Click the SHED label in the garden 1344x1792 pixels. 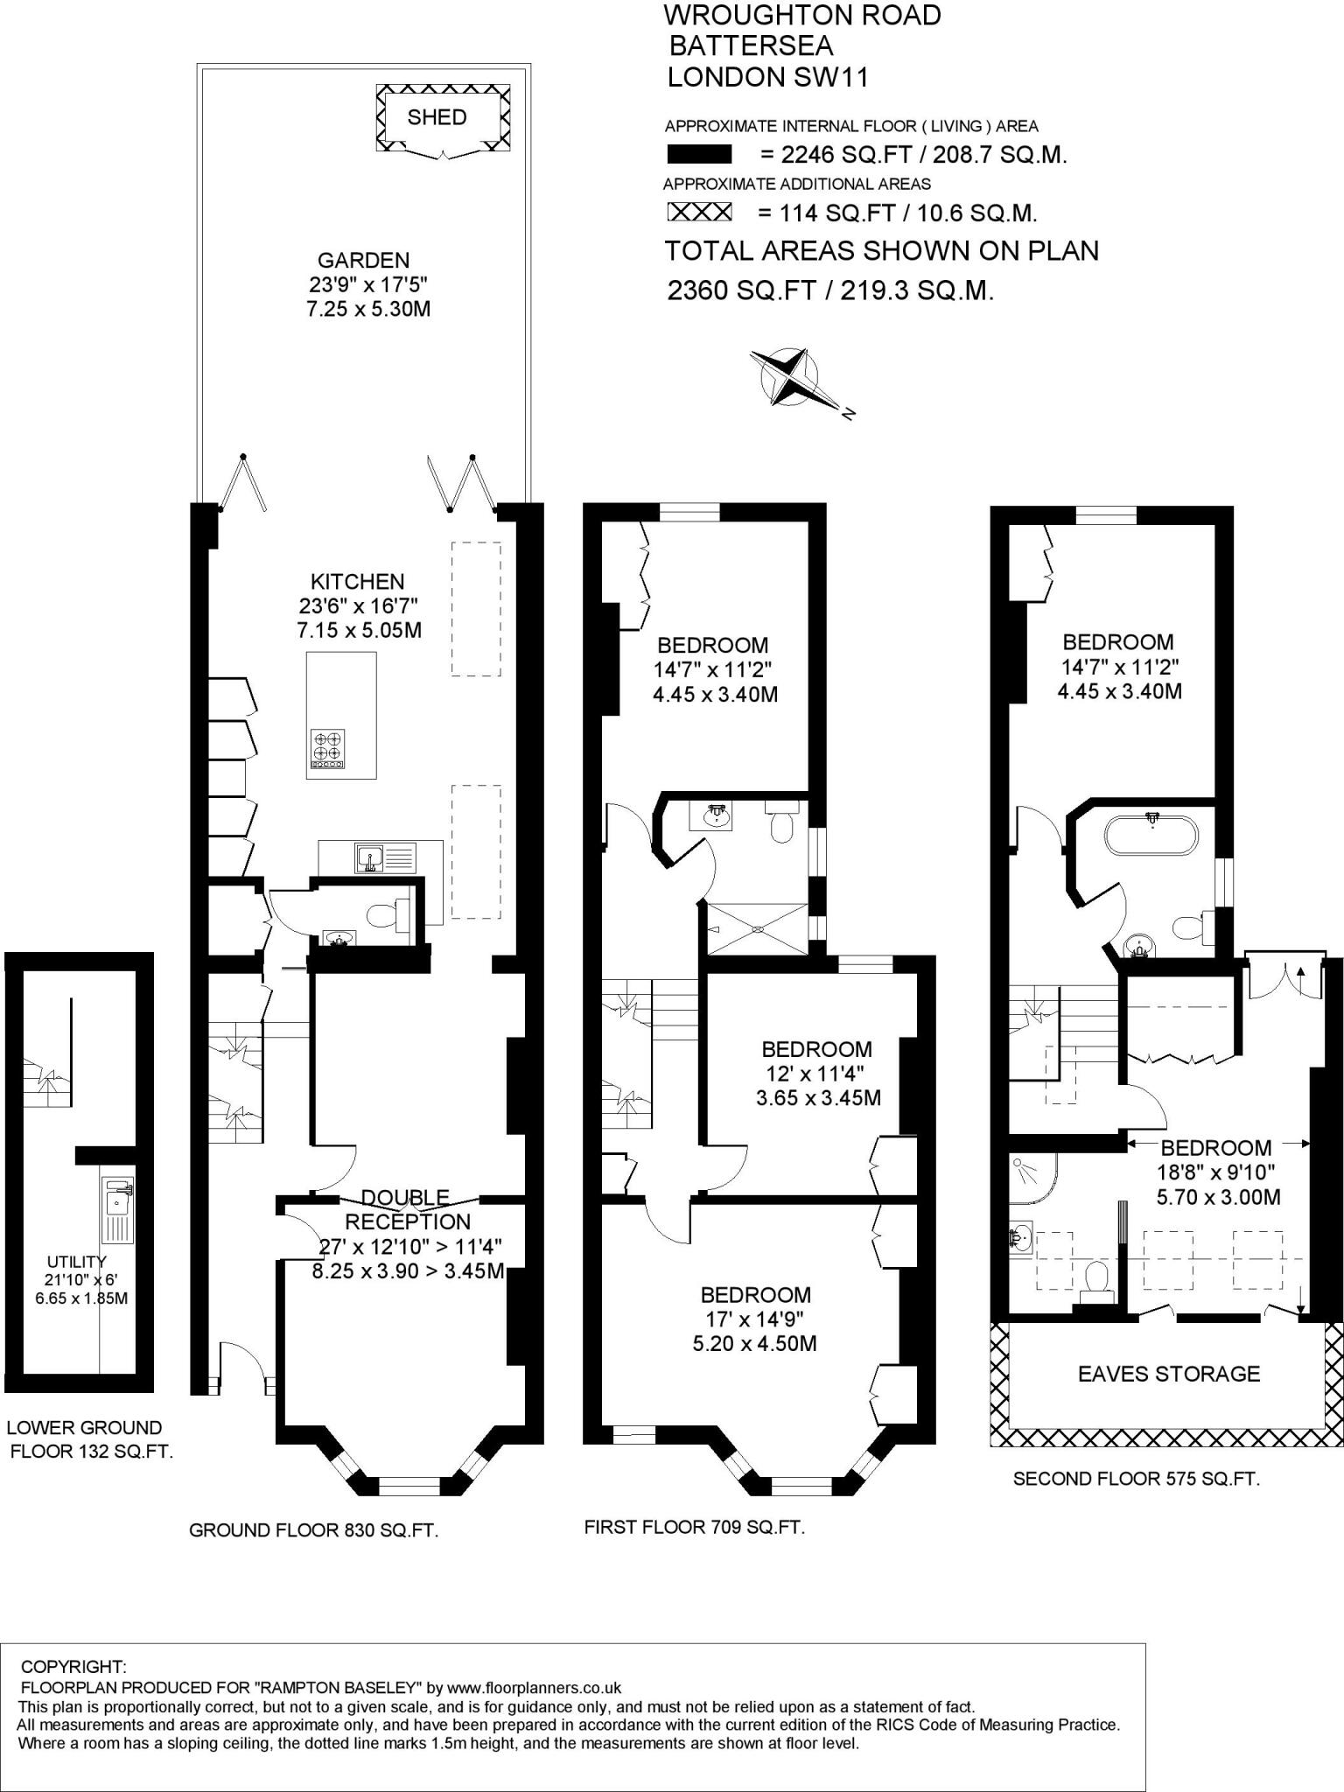pyautogui.click(x=437, y=117)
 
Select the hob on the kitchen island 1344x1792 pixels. pyautogui.click(x=329, y=750)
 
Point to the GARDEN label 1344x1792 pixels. pyautogui.click(x=363, y=260)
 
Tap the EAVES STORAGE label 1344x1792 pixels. pyautogui.click(x=1169, y=1374)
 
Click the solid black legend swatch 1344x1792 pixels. pyautogui.click(x=699, y=155)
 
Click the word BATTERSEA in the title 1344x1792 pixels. pyautogui.click(x=751, y=45)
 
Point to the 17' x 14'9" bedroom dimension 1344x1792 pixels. pyautogui.click(x=754, y=1319)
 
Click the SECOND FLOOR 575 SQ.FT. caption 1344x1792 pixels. pyautogui.click(x=1136, y=1479)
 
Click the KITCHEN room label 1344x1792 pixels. pyautogui.click(x=358, y=582)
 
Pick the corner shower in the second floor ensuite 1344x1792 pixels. pyautogui.click(x=1033, y=1176)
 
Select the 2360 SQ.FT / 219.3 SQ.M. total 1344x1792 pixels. pyautogui.click(x=830, y=290)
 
